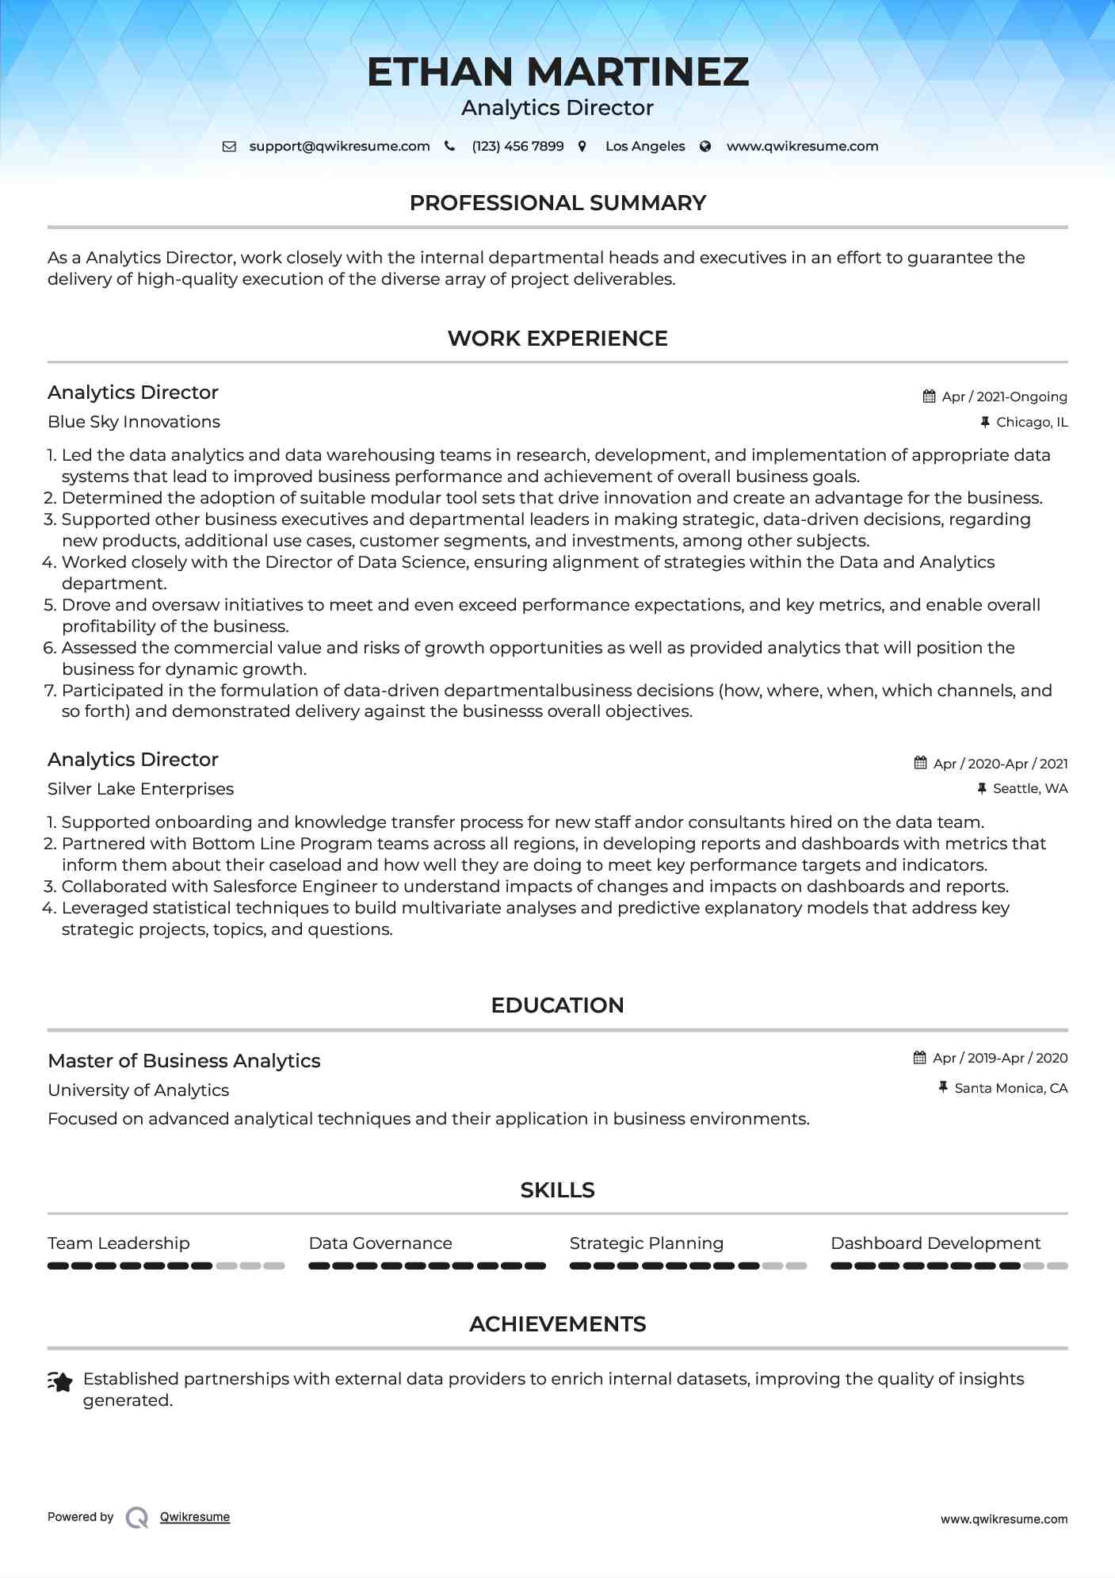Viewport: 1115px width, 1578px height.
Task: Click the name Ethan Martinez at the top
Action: (557, 72)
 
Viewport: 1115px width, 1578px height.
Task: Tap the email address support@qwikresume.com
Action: (339, 147)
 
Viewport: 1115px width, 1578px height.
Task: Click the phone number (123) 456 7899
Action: (517, 147)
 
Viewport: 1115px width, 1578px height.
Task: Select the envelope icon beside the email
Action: (229, 147)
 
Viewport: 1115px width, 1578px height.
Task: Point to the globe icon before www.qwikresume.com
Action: (705, 147)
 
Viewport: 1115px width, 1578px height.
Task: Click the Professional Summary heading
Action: (557, 203)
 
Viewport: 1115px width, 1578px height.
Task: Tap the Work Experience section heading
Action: (557, 339)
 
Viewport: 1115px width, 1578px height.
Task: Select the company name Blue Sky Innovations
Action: (134, 422)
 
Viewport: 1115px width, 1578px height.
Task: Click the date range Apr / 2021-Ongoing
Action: (1004, 396)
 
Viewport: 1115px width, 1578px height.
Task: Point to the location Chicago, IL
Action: (1032, 423)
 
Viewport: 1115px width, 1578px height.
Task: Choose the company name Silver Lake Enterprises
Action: (140, 789)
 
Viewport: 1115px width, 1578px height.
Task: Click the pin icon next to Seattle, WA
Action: (982, 789)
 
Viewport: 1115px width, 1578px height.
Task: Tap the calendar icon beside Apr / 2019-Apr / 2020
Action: (919, 1058)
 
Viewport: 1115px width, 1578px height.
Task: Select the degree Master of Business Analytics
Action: (184, 1061)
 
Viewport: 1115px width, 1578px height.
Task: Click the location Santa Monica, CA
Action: (1010, 1089)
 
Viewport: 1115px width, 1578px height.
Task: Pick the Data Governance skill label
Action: (380, 1243)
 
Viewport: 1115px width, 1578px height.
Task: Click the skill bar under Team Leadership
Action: (166, 1266)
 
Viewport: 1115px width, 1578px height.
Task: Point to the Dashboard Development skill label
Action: (935, 1243)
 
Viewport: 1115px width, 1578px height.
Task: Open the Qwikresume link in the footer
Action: (195, 1517)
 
